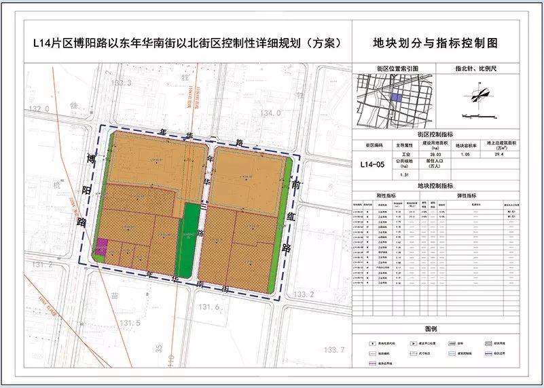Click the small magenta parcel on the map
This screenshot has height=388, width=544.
[102, 247]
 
